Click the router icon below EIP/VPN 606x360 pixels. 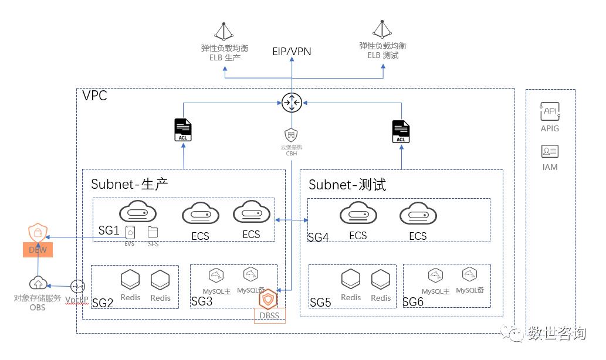pos(292,102)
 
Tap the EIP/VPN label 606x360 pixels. pos(292,52)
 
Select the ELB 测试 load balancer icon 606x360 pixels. pos(382,29)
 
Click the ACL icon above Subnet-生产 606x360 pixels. pos(183,130)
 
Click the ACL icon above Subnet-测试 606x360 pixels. pos(401,131)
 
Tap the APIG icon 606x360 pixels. pos(550,111)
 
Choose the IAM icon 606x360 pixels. pos(550,152)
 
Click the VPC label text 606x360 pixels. pos(94,96)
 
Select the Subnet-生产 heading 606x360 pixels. pos(130,184)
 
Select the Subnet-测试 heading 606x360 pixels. pos(347,185)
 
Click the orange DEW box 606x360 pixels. pos(38,250)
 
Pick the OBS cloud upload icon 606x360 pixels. pos(38,284)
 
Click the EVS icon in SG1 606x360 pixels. pos(130,232)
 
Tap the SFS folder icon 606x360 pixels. pos(153,232)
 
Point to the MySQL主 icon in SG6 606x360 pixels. pos(435,276)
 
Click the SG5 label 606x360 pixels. pos(320,303)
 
